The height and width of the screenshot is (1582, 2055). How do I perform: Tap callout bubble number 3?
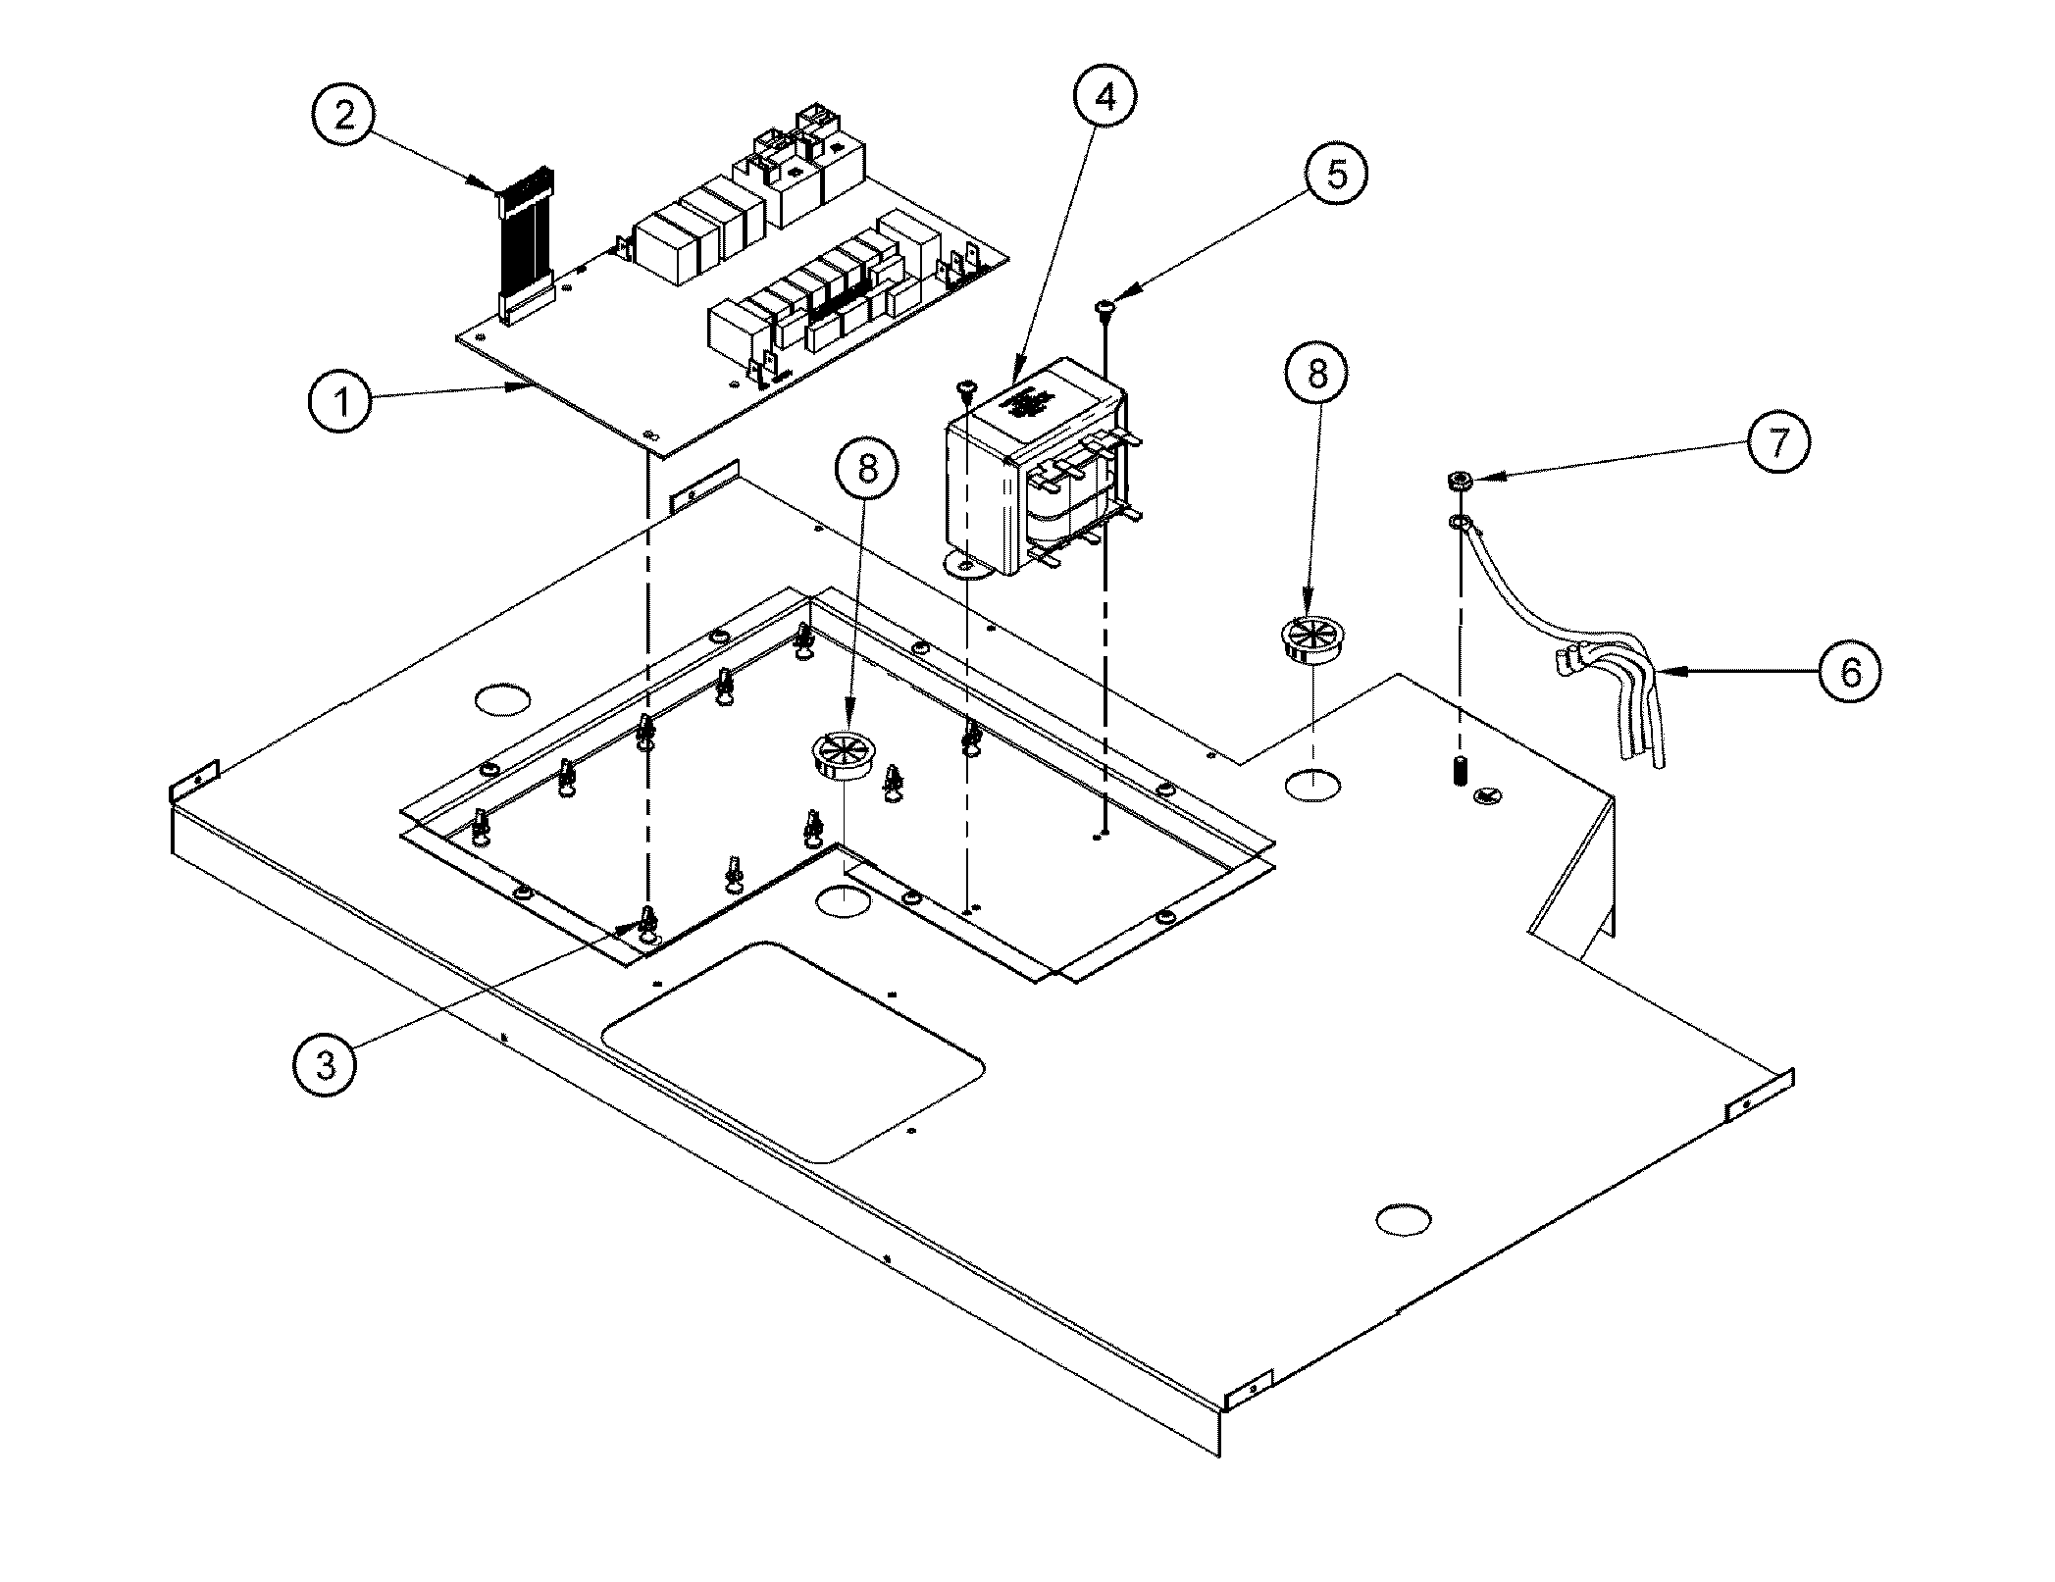(x=326, y=1063)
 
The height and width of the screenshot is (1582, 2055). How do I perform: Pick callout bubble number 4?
(x=1105, y=96)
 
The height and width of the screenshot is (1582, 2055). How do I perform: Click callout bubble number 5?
(x=1336, y=174)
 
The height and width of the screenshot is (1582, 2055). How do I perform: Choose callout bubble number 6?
(x=1849, y=672)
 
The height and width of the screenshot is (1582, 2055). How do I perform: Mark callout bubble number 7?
(x=1776, y=442)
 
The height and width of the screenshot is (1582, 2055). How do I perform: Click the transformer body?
(x=1030, y=481)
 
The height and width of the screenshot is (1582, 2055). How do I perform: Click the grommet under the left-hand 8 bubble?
(x=841, y=756)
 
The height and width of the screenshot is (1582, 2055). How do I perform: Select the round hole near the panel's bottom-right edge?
(x=1404, y=1219)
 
